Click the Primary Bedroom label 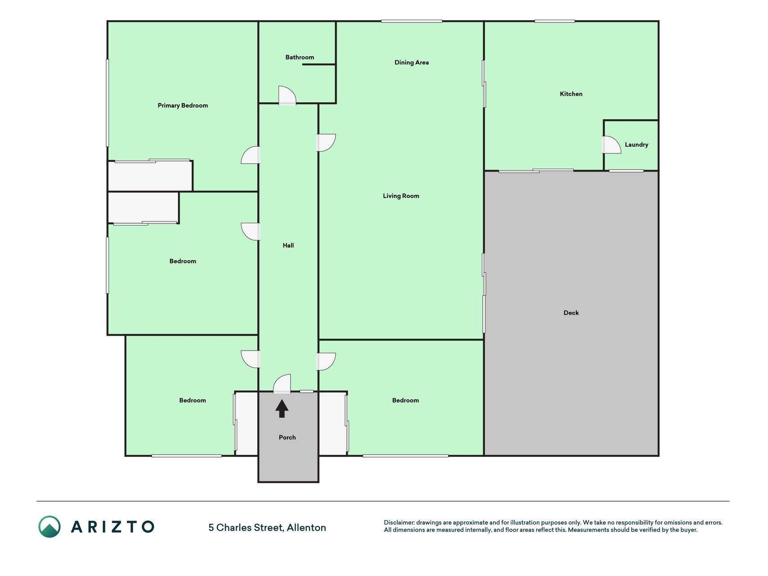[183, 106]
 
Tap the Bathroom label [300, 57]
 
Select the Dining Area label [412, 63]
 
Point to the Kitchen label [571, 94]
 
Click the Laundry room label [636, 145]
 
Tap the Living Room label [401, 196]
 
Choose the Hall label [288, 245]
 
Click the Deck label [571, 313]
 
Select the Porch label [287, 437]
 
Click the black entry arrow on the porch [282, 409]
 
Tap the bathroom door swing [287, 95]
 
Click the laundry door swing [611, 145]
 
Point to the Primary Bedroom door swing [251, 155]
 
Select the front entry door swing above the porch [282, 384]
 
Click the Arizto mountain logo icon [49, 526]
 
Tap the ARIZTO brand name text [112, 527]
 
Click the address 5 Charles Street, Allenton [267, 527]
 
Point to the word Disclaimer [399, 522]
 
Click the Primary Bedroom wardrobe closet [150, 176]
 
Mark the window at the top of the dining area [412, 21]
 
